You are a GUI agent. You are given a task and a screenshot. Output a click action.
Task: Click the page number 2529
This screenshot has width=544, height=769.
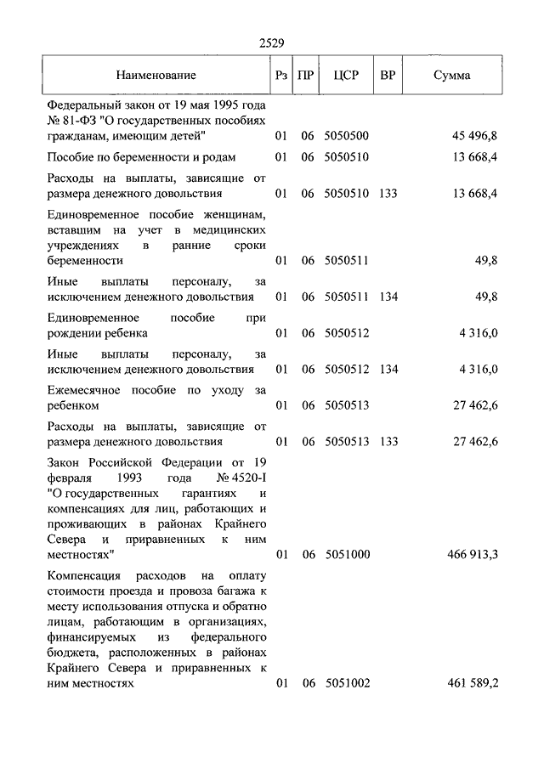coord(271,42)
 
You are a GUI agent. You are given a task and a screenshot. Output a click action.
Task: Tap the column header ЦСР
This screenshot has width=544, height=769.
coord(346,75)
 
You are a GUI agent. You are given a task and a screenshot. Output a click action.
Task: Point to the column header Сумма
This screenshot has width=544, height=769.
coord(452,75)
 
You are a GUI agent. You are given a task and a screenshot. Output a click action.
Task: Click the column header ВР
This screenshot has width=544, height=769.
coord(388,75)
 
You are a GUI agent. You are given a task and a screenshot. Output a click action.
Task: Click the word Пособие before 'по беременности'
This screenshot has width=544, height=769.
coord(71,157)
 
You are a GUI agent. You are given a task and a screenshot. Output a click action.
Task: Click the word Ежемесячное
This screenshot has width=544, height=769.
coord(84,390)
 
